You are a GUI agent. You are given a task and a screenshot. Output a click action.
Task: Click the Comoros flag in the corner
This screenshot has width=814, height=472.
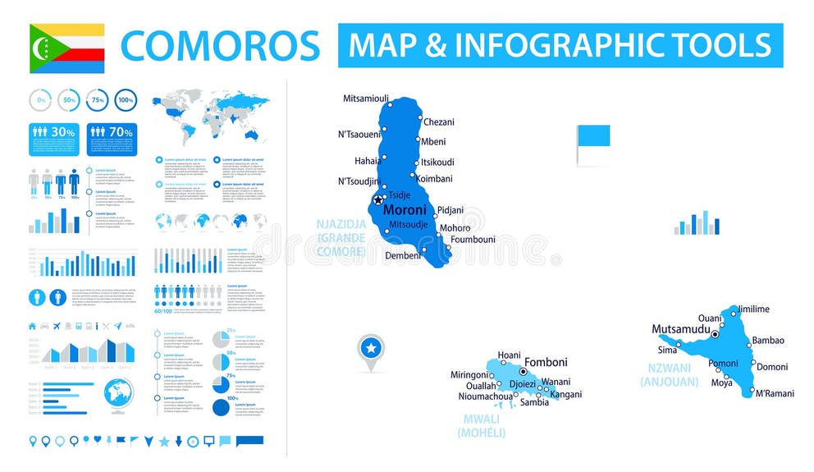66,48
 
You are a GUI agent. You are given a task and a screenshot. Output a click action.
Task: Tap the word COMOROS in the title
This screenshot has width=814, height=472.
220,46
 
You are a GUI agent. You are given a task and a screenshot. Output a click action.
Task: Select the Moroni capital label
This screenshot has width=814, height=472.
405,210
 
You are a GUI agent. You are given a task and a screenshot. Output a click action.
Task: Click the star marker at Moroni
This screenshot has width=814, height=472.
378,199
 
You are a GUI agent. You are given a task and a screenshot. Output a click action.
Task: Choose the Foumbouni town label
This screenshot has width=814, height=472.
473,240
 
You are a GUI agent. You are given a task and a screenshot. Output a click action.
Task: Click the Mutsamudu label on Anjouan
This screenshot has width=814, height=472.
679,329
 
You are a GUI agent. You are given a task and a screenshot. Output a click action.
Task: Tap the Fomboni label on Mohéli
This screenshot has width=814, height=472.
546,362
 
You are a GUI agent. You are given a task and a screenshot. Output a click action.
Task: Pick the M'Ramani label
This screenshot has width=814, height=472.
775,393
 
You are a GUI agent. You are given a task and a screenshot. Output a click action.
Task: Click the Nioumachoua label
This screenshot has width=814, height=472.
485,396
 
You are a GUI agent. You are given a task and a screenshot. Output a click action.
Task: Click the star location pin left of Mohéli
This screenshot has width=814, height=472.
371,351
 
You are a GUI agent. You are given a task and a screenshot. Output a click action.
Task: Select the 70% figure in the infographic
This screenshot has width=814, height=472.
121,131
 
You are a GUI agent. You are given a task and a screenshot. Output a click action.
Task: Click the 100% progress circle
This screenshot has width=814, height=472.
126,100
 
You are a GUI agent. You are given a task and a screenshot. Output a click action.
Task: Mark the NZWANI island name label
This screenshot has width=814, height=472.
669,369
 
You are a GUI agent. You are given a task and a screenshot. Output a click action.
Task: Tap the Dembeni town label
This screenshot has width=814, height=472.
403,255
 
